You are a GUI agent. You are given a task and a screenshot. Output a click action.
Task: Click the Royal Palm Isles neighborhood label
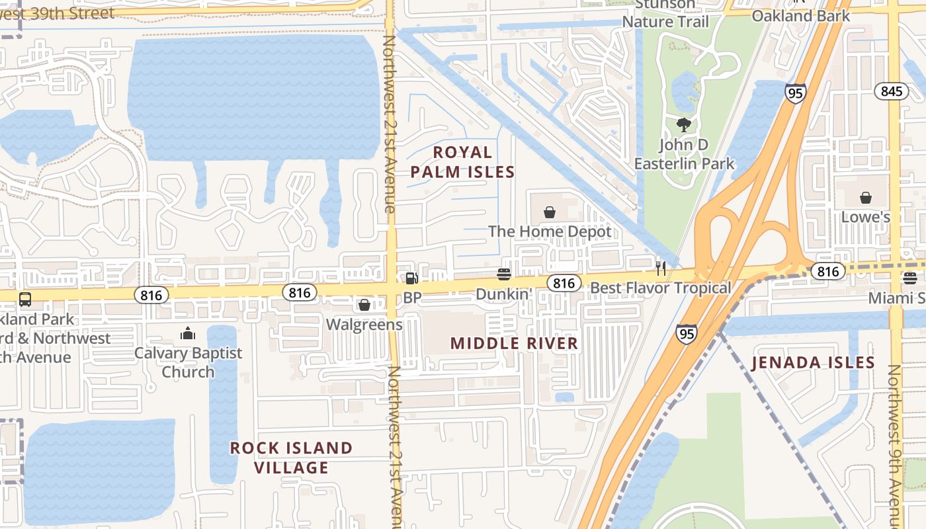click(x=462, y=163)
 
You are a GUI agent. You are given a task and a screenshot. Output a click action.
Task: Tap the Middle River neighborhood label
click(x=514, y=343)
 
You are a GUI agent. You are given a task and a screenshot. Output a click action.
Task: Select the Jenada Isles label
click(x=813, y=362)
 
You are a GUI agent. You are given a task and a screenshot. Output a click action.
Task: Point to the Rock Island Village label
click(x=291, y=458)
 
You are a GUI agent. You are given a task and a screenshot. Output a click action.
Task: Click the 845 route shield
click(x=891, y=91)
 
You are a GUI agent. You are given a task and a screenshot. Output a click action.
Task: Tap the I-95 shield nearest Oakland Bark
click(x=796, y=93)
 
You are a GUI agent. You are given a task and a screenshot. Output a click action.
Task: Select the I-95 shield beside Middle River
click(x=687, y=335)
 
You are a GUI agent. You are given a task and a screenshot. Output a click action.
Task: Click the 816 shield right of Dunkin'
click(x=564, y=284)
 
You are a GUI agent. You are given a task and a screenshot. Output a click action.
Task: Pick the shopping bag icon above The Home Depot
click(x=549, y=212)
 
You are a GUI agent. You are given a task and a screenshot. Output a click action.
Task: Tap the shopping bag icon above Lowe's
click(x=865, y=198)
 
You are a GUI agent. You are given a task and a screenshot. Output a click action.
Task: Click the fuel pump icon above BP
click(x=411, y=279)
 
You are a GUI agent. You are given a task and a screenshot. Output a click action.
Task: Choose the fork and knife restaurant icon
click(x=660, y=268)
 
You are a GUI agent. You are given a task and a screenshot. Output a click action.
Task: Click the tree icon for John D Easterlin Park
click(x=684, y=124)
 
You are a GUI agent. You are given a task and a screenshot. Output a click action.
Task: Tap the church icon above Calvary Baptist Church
click(x=188, y=333)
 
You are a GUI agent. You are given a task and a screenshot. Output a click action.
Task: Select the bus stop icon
click(x=24, y=300)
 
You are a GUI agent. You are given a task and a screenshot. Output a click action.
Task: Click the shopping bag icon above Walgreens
click(x=364, y=305)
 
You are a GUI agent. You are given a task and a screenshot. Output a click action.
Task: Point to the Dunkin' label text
click(x=504, y=294)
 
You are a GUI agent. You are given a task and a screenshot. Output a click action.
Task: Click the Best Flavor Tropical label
click(x=660, y=288)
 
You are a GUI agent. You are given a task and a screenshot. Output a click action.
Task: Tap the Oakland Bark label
click(x=800, y=16)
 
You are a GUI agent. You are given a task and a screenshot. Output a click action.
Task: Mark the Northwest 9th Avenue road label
click(x=894, y=436)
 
